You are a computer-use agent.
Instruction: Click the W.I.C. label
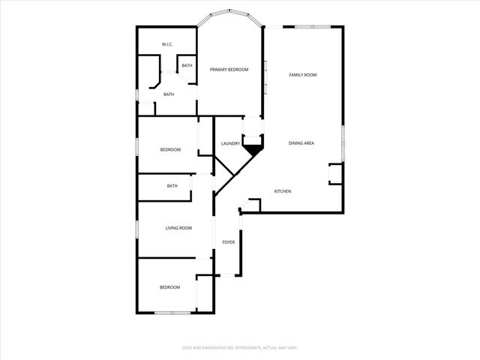[168, 45]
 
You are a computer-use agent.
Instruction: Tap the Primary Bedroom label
[229, 70]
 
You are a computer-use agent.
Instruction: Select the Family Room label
[303, 75]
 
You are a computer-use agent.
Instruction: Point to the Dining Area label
[301, 143]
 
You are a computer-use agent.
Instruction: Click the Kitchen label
[282, 191]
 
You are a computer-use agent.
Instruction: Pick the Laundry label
[229, 143]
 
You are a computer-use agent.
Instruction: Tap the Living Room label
[178, 228]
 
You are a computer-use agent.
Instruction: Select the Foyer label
[229, 242]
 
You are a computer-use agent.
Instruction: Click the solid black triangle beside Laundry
[253, 149]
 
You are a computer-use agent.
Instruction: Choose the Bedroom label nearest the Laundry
[170, 149]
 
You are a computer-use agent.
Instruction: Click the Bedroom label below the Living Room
[169, 287]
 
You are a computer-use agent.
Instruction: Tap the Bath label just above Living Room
[172, 186]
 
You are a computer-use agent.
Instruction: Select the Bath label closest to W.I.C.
[187, 66]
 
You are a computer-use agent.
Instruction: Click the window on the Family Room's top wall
[310, 27]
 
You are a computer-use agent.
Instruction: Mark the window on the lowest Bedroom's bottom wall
[171, 312]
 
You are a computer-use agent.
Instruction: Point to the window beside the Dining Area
[343, 143]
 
